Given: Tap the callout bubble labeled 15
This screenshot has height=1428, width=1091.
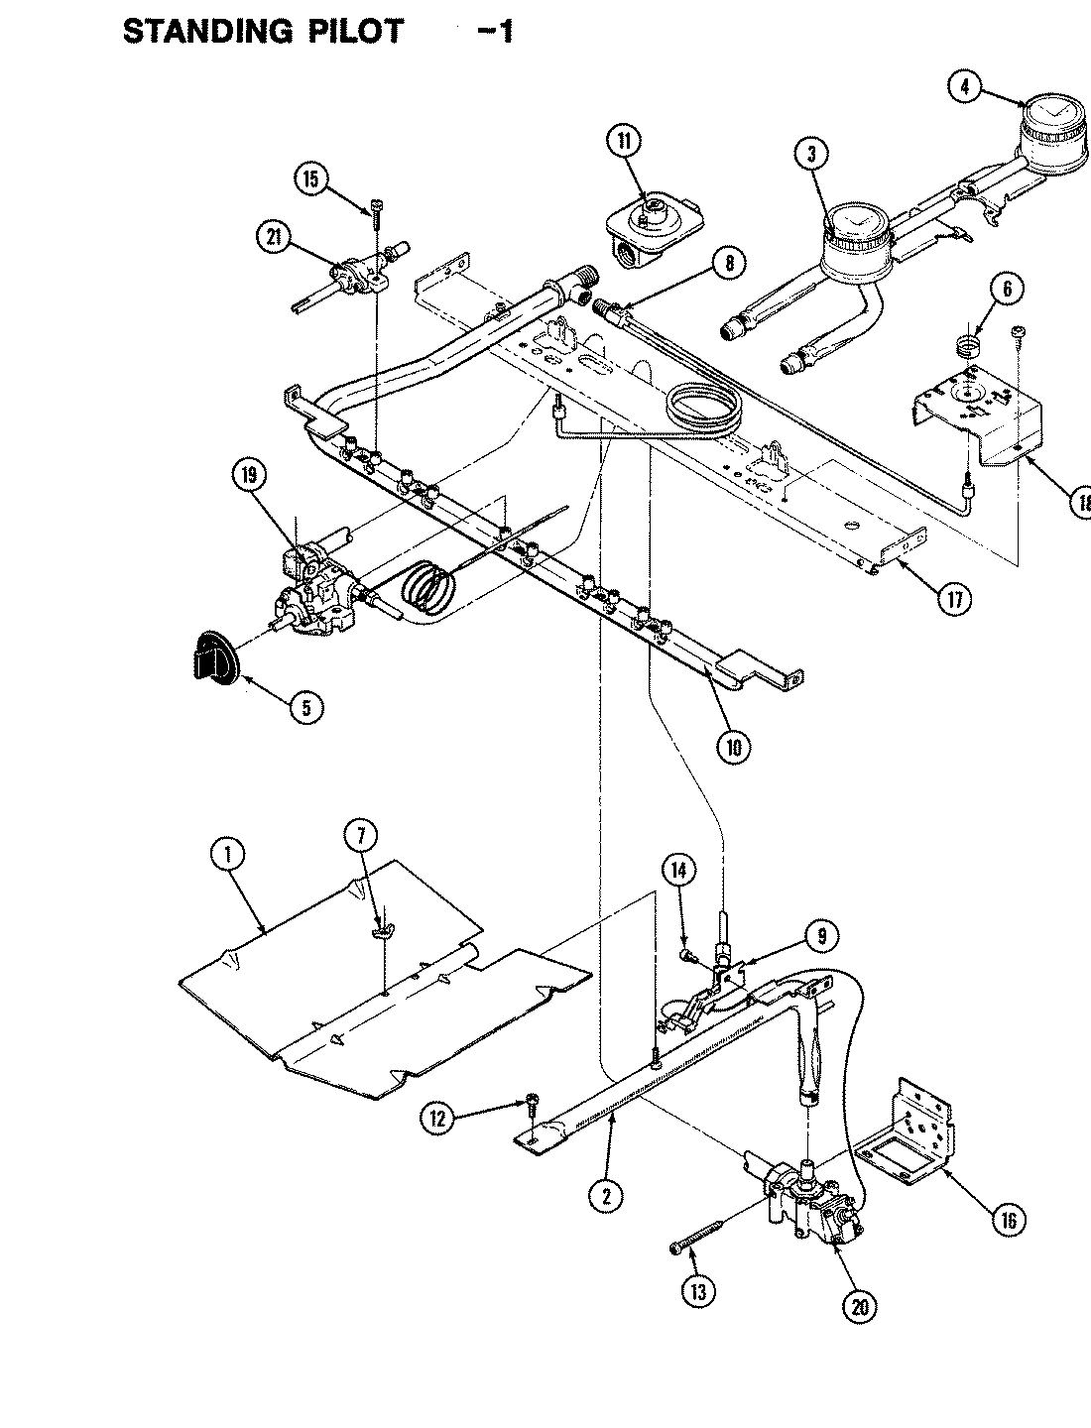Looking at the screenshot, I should (x=311, y=178).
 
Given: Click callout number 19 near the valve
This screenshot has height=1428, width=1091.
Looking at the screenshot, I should (x=249, y=476).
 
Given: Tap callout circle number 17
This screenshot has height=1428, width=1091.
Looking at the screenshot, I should (x=954, y=599).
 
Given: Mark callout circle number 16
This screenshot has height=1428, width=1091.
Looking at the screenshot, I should (x=1008, y=1219).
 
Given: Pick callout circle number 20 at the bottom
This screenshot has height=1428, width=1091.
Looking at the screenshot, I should (x=859, y=1307).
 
